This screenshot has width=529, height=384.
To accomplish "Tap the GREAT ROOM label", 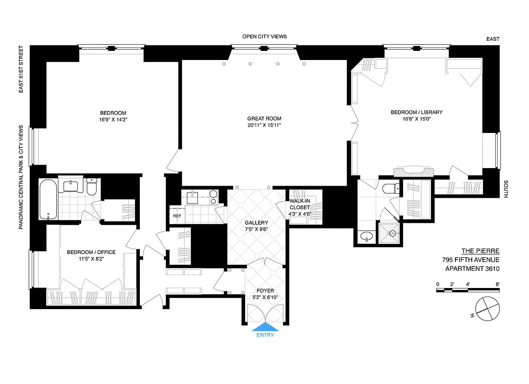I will (x=264, y=119).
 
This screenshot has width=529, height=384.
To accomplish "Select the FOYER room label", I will (x=265, y=291).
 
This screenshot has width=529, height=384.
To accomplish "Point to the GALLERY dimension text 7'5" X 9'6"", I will (x=256, y=230).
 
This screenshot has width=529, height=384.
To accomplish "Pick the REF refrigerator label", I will (x=177, y=216).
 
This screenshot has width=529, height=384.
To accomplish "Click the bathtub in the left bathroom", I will (x=49, y=198).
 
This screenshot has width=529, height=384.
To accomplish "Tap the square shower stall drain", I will (x=393, y=233).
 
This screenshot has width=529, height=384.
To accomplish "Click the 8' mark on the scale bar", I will (x=497, y=284).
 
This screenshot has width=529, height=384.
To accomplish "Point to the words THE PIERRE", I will (x=480, y=251).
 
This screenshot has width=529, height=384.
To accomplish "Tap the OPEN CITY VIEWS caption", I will (x=264, y=36).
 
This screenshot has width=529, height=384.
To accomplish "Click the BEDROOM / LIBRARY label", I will (x=416, y=112).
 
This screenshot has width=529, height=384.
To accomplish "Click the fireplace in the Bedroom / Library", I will (x=413, y=171).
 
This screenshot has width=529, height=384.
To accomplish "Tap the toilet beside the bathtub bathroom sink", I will (x=92, y=187).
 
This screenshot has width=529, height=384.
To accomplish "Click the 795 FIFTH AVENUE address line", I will (x=471, y=260).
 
